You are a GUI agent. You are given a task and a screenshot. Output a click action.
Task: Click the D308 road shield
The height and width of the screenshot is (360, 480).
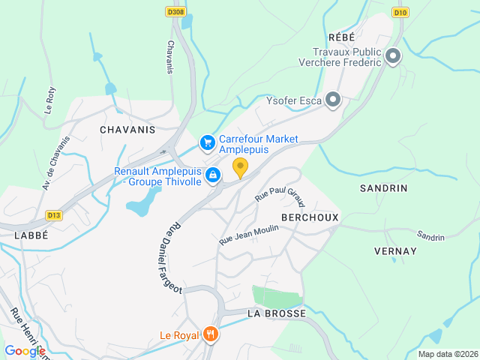(176, 12)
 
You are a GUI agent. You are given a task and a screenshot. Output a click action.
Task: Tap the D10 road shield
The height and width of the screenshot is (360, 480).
(400, 13)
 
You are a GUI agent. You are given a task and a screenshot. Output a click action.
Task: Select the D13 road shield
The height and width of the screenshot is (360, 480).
(53, 215)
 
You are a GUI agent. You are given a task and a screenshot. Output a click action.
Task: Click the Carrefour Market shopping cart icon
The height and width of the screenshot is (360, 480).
(207, 141)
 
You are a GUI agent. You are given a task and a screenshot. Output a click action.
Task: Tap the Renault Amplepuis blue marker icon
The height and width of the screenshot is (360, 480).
(213, 175)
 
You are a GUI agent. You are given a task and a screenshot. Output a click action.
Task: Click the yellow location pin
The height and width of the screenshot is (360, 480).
(240, 167)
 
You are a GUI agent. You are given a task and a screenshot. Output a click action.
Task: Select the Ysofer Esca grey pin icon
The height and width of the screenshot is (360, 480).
(333, 100)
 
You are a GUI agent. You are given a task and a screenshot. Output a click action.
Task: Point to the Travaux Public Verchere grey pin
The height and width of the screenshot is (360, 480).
(392, 56)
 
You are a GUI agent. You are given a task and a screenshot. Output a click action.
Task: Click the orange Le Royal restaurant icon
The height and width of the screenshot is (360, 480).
(211, 334)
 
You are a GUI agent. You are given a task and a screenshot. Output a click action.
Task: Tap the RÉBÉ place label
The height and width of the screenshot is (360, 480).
(340, 37)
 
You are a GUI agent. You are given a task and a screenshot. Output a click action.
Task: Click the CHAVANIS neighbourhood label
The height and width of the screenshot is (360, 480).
(127, 129)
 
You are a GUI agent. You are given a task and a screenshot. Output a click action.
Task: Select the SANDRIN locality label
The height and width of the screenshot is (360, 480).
(383, 188)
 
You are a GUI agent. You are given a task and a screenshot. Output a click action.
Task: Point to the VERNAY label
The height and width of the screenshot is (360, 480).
(394, 251)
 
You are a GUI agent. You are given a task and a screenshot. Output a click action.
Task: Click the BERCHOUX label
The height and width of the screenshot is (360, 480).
(310, 217)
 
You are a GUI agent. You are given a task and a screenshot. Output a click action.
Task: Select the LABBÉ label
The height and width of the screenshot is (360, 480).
(31, 235)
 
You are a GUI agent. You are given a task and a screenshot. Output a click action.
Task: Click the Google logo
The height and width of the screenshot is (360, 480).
(25, 350)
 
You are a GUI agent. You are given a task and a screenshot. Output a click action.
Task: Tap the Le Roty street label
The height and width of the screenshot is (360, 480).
(50, 100)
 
